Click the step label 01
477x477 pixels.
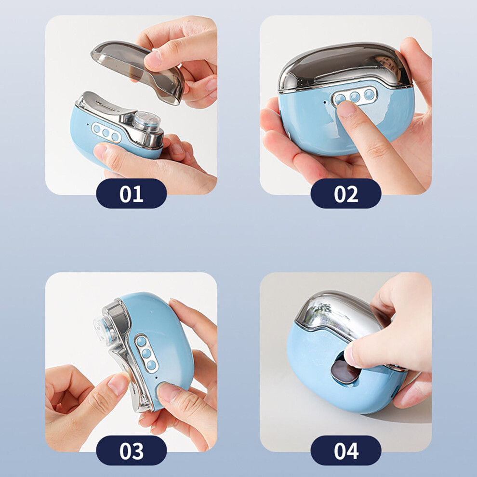click(131, 194)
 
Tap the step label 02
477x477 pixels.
click(346, 194)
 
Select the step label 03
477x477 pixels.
click(131, 450)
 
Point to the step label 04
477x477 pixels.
click(346, 450)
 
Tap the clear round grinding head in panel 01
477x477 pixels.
click(147, 121)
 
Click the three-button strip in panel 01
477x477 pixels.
click(106, 132)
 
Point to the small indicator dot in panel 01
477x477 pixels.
click(88, 124)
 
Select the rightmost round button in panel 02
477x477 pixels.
click(369, 94)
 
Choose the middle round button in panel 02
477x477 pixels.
click(355, 97)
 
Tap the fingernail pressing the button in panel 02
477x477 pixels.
click(346, 109)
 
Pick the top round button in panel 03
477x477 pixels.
click(141, 342)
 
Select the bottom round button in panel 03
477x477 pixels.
click(151, 365)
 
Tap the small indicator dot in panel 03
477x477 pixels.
click(156, 378)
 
